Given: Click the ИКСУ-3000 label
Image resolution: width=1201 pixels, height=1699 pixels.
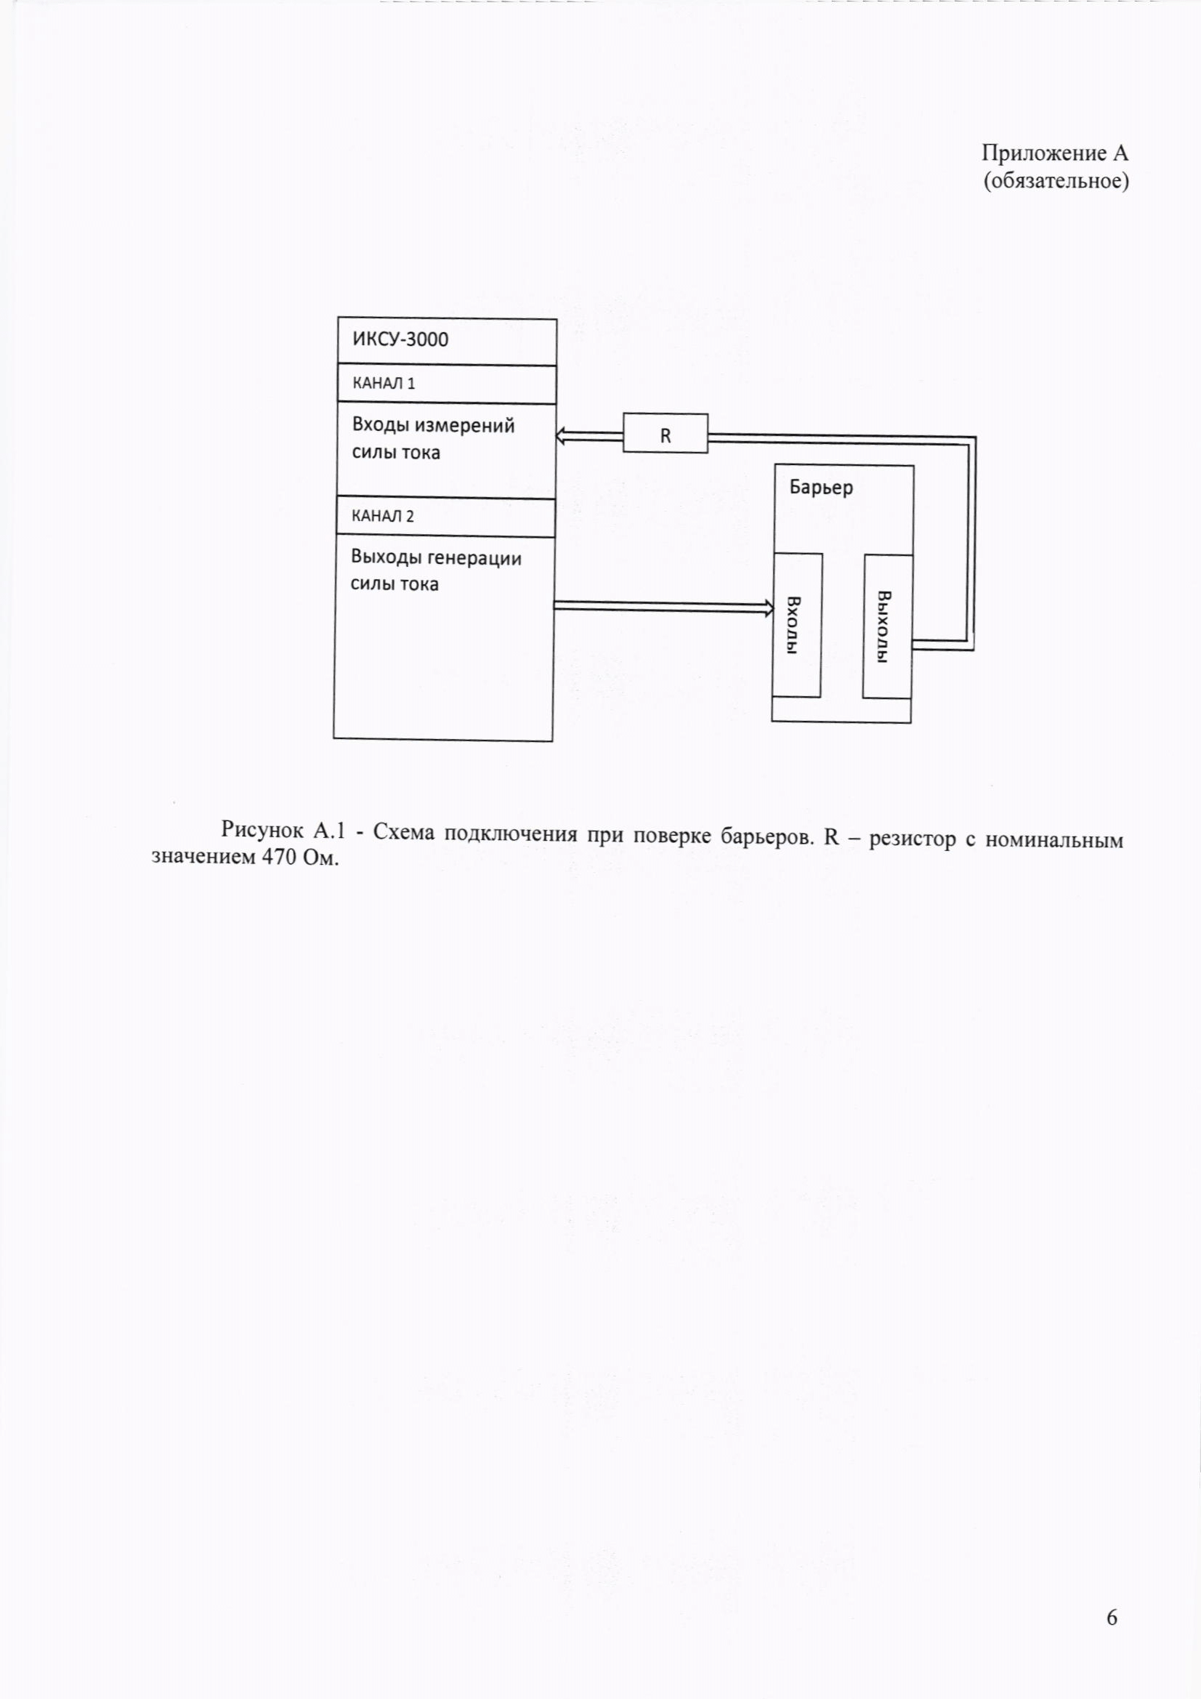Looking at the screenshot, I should click(400, 339).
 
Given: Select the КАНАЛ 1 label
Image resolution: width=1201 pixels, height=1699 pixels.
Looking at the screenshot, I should click(384, 383).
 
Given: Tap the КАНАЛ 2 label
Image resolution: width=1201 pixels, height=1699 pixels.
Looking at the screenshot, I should click(383, 516).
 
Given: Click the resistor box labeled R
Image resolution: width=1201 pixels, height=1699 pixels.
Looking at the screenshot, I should click(665, 435).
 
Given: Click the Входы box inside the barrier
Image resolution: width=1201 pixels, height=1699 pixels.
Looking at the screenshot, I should click(796, 624).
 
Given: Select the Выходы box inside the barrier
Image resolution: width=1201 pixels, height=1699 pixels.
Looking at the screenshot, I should click(886, 625).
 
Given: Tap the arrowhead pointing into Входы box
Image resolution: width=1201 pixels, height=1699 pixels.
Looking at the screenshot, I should click(768, 608).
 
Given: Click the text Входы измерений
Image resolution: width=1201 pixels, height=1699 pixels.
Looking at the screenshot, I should click(433, 426).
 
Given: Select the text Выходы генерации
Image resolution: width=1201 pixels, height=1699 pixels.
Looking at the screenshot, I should click(436, 558).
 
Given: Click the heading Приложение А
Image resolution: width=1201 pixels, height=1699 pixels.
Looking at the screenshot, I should click(1054, 153).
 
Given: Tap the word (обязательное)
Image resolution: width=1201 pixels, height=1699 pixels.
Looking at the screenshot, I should click(1055, 180).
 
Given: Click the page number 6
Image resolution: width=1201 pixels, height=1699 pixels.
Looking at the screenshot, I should click(1112, 1618).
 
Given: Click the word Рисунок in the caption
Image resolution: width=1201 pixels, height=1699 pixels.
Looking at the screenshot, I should click(262, 831).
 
